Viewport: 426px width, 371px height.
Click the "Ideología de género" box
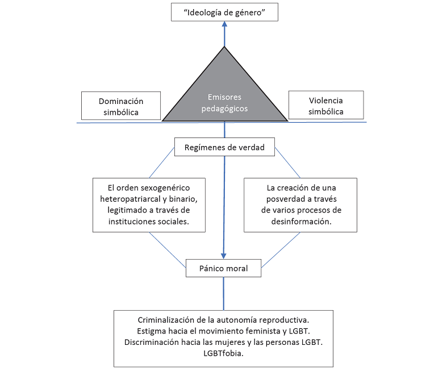pyautogui.click(x=224, y=12)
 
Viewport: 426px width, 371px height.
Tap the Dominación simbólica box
pyautogui.click(x=121, y=106)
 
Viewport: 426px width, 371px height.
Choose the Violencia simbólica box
pyautogui.click(x=325, y=106)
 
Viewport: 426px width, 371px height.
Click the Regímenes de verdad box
pyautogui.click(x=224, y=148)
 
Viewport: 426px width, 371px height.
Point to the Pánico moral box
pyautogui.click(x=224, y=268)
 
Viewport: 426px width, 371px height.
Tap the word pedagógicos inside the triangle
pyautogui.click(x=224, y=109)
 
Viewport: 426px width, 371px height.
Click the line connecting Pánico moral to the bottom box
pyautogui.click(x=224, y=293)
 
